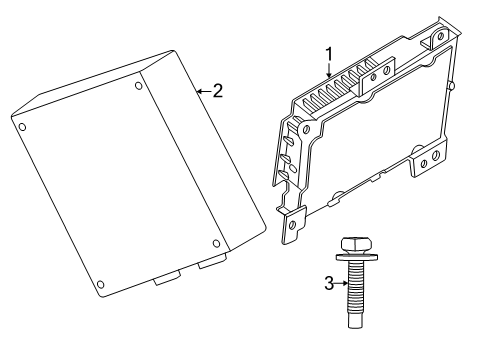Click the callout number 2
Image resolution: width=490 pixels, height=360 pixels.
(x=217, y=90)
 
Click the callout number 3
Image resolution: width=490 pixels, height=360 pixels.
(x=328, y=283)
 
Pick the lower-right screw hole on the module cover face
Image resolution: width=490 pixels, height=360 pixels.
(x=217, y=243)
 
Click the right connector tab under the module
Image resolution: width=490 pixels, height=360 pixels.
(x=211, y=263)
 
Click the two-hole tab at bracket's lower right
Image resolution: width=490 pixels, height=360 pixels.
(x=427, y=161)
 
